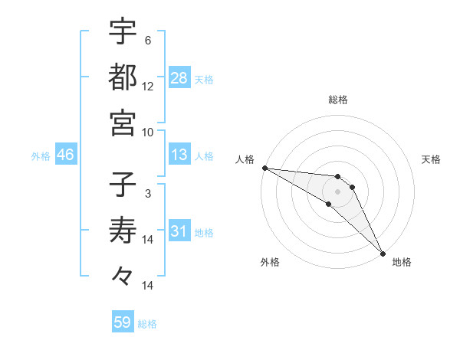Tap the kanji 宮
[x=123, y=123]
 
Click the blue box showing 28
[x=179, y=78]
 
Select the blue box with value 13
[x=179, y=155]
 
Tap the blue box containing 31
[x=179, y=232]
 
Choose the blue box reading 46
[x=66, y=155]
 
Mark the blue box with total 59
[x=123, y=322]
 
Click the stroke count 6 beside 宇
[x=147, y=41]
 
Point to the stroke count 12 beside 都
[x=148, y=87]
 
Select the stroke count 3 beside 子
[x=147, y=194]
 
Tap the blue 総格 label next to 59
[x=147, y=324]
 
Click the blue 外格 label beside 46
[x=41, y=156]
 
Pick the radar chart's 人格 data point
[x=264, y=168]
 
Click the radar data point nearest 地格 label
[x=383, y=253]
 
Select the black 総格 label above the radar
[x=338, y=100]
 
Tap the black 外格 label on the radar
[x=270, y=262]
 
